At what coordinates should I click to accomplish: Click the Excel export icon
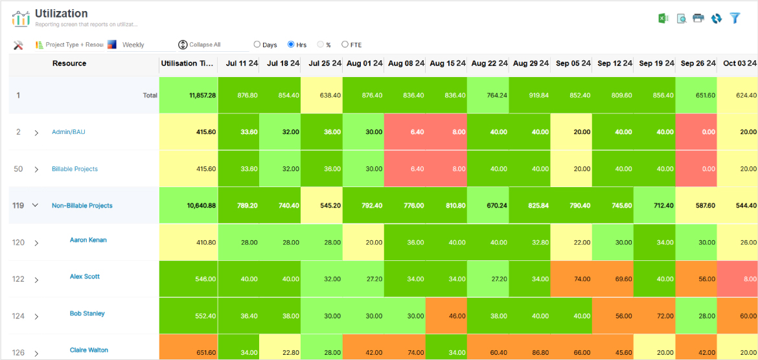(x=663, y=18)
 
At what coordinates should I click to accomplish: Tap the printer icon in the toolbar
(x=698, y=18)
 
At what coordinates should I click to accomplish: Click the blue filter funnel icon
(x=735, y=18)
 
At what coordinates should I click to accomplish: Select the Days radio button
(x=257, y=45)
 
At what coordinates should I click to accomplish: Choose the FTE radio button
(x=345, y=45)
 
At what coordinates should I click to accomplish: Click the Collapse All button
(x=200, y=45)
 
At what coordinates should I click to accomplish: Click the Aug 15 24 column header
(x=447, y=63)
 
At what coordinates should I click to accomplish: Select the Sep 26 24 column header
(x=697, y=63)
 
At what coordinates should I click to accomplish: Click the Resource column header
(x=69, y=63)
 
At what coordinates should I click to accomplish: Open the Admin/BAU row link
(x=69, y=132)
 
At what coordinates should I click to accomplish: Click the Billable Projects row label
(x=75, y=169)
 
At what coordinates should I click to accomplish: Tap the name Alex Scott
(x=85, y=276)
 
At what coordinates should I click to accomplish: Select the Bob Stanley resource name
(x=87, y=313)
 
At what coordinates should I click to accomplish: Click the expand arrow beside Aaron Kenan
(x=36, y=243)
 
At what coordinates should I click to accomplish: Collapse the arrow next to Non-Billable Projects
(x=36, y=206)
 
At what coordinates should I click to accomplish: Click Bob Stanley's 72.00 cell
(x=655, y=316)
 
